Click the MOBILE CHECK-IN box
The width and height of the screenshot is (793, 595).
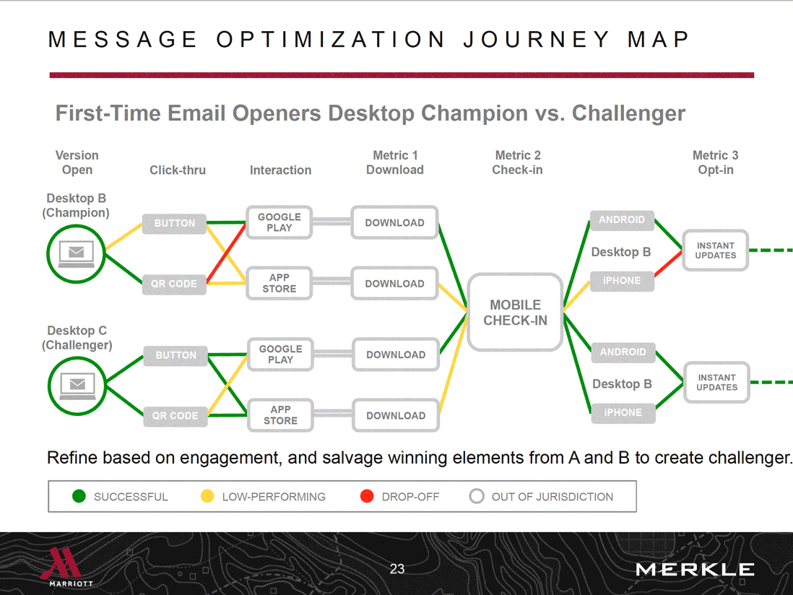515,312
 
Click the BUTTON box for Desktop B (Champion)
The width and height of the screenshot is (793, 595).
174,223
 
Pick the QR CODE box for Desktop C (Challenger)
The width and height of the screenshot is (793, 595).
175,415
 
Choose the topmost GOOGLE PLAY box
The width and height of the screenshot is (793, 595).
279,222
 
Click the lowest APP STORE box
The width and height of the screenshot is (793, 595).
280,415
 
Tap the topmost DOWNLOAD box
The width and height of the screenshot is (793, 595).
394,222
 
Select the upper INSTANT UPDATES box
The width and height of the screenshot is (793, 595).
715,251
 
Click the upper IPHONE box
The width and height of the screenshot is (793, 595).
622,281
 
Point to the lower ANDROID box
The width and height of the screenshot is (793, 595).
623,352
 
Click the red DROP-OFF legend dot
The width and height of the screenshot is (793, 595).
367,497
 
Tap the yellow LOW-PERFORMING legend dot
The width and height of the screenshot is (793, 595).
207,497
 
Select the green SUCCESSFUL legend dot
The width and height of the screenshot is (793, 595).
79,497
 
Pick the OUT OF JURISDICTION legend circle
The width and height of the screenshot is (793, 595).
477,497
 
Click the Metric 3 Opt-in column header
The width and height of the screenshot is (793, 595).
715,162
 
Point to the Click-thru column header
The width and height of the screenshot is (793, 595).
178,170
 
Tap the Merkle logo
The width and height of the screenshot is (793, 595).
695,570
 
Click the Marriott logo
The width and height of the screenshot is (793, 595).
71,568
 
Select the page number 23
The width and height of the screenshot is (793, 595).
397,569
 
